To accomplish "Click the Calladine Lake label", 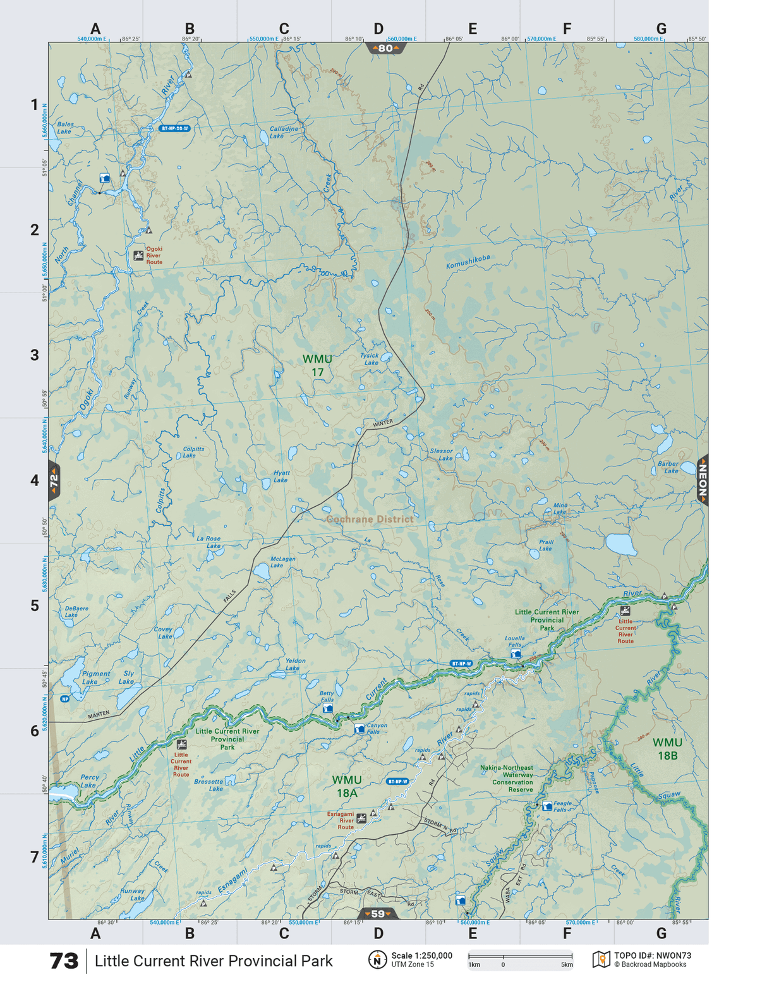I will (x=283, y=132).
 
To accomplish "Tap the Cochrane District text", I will (x=370, y=519).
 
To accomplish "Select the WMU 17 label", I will (x=317, y=365).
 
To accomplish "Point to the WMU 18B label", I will (x=667, y=749).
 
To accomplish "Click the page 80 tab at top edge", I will (x=385, y=48).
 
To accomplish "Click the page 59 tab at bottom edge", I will (x=378, y=913).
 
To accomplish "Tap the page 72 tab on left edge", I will (x=54, y=481).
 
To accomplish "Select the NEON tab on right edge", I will (x=703, y=480).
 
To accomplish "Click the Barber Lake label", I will (x=668, y=467).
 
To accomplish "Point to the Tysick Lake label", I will (x=370, y=359).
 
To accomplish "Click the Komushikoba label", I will (x=468, y=262).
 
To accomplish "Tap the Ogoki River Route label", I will (x=154, y=255).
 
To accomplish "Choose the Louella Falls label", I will (x=514, y=641).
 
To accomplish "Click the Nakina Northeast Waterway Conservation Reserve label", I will (x=507, y=779).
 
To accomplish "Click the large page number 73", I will (x=64, y=961).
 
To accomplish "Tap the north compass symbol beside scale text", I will (x=377, y=960).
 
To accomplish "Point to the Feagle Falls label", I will (x=562, y=806).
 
